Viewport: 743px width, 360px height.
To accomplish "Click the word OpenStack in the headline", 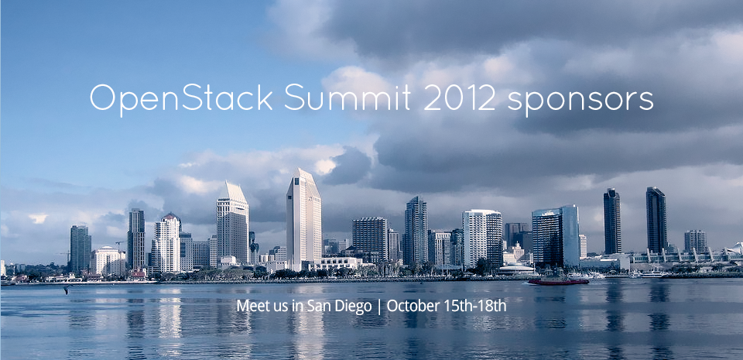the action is coord(181,98).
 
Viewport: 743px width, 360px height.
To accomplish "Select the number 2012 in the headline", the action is coord(460,98).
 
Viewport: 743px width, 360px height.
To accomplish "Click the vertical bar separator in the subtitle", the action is coord(379,307).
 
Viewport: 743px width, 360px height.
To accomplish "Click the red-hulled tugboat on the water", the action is coord(559,279).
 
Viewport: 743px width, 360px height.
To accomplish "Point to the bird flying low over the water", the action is coord(67,289).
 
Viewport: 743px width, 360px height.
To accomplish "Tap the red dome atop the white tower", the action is coord(170,216).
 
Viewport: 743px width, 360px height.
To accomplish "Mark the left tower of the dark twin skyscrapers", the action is coord(611,221).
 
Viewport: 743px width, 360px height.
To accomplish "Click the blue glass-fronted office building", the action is coord(556,236).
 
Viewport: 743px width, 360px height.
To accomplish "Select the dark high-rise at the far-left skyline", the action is coord(80,249).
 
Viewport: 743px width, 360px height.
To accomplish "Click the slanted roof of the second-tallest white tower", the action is coord(235,192).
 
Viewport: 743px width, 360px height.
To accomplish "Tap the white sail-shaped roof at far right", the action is coord(735,248).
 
